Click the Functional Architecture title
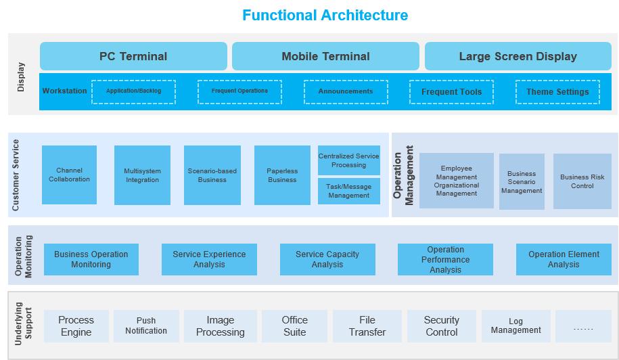coord(325,15)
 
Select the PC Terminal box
coord(133,56)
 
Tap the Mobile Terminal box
coord(325,56)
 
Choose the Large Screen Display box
coord(518,56)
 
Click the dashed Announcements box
coord(346,91)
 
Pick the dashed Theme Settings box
coord(557,91)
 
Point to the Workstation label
coord(65,91)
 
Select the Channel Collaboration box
coord(69,175)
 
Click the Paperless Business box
coord(282,175)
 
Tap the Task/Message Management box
coord(349,192)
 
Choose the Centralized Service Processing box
coord(349,160)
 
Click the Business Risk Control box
coord(582,181)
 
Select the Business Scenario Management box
coord(522,182)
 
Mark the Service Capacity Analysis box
coord(327,259)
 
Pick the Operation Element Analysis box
coord(564,259)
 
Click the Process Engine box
coord(76,325)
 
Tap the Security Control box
coord(442,325)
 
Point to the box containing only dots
coord(583,325)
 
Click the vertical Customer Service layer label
coord(16,175)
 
